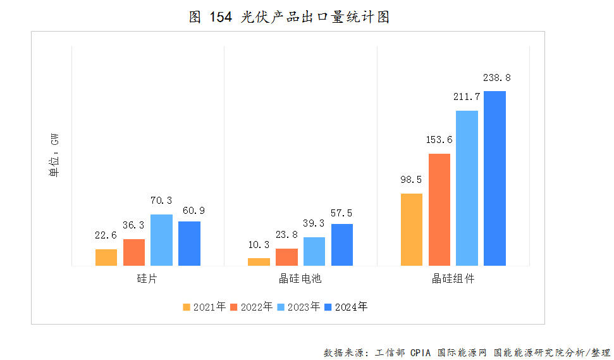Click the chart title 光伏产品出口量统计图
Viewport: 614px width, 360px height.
pyautogui.click(x=290, y=17)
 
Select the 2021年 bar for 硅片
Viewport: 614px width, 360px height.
pyautogui.click(x=106, y=258)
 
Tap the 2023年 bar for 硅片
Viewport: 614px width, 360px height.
pyautogui.click(x=161, y=240)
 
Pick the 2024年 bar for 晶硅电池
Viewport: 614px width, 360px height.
pyautogui.click(x=342, y=245)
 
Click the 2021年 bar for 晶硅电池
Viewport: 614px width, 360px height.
pyautogui.click(x=259, y=262)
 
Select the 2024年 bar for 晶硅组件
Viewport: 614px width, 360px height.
pyautogui.click(x=495, y=178)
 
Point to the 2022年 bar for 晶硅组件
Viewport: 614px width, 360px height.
pyautogui.click(x=439, y=209)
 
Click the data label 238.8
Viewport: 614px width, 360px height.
pyautogui.click(x=496, y=78)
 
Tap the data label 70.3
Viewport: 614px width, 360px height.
pyautogui.click(x=161, y=201)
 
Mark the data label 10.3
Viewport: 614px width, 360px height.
pyautogui.click(x=259, y=245)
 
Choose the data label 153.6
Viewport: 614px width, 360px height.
pyautogui.click(x=439, y=140)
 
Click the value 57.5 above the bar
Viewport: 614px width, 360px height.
pyautogui.click(x=342, y=211)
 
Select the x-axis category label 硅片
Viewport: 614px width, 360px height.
pyautogui.click(x=147, y=278)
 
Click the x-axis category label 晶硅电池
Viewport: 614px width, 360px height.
pyautogui.click(x=300, y=278)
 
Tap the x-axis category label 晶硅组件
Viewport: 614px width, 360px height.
pyautogui.click(x=453, y=278)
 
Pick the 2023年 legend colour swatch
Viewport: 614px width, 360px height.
pyautogui.click(x=281, y=307)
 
